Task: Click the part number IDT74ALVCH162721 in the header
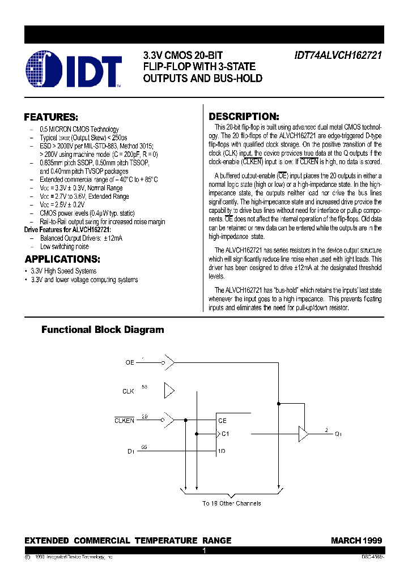click(x=338, y=56)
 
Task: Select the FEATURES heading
click(x=51, y=117)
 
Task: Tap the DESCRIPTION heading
click(x=244, y=116)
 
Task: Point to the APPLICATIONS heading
click(x=62, y=259)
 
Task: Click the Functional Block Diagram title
click(x=103, y=330)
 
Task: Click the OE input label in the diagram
click(x=130, y=362)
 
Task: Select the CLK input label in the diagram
click(x=128, y=391)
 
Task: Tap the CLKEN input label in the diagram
click(x=125, y=420)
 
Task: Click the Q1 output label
click(x=338, y=434)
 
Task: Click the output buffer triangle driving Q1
click(x=304, y=434)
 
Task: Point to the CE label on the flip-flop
click(x=222, y=421)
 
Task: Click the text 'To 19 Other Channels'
click(x=232, y=503)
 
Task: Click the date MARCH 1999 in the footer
click(x=356, y=540)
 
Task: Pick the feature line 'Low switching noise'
click(x=65, y=246)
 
